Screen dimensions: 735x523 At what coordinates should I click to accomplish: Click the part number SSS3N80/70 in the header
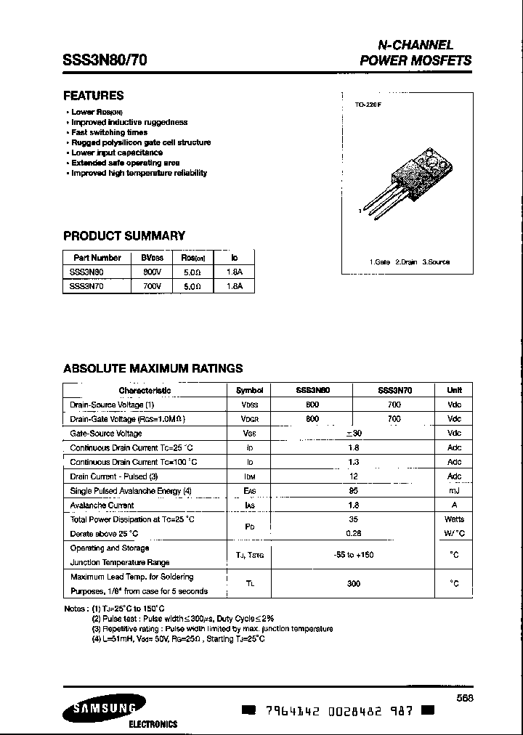point(105,61)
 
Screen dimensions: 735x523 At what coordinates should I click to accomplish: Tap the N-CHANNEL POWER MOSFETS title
point(415,53)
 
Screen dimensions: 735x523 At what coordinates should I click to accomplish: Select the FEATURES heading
point(94,96)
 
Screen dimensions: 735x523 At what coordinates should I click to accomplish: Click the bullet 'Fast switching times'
point(109,133)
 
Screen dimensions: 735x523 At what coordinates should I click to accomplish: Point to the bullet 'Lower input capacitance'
point(117,153)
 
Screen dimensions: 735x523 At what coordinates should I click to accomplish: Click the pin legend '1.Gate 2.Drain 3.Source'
point(410,261)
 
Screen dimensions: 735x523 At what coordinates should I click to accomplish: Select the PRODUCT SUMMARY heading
point(124,236)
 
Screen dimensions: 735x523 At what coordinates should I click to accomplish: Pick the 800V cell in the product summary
point(153,272)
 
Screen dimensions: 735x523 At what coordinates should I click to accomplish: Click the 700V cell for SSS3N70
point(153,286)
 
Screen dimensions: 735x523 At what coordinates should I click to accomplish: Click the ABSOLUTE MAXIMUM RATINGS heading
point(153,369)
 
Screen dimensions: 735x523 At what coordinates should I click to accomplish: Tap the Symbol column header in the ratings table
point(250,390)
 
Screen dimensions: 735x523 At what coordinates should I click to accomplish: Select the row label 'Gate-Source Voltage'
point(106,433)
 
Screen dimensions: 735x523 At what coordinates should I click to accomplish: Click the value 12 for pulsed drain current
point(353,476)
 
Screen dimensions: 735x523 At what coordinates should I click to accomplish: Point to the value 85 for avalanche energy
point(353,491)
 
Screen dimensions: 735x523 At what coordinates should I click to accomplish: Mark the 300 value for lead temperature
point(353,583)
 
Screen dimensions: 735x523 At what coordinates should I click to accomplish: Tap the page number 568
point(466,697)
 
